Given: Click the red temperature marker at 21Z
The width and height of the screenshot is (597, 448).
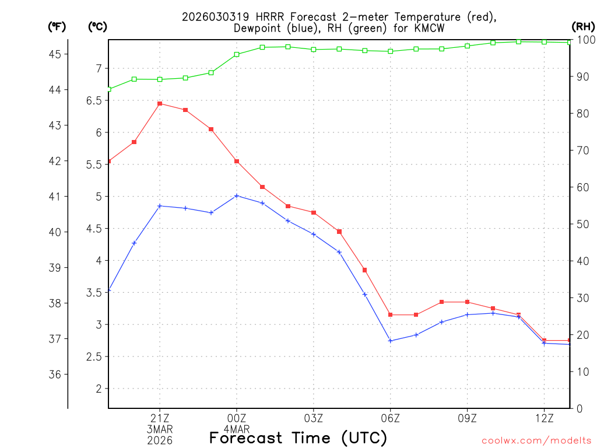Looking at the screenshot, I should click(160, 103).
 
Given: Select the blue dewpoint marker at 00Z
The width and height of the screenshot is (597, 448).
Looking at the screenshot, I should click(237, 195).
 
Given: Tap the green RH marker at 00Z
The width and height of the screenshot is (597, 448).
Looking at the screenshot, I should click(237, 54).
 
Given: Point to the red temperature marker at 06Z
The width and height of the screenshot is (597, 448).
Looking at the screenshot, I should click(391, 315).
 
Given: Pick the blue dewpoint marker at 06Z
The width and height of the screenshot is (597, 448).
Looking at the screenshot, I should click(391, 341).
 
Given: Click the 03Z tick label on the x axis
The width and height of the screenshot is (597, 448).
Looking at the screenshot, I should click(314, 418).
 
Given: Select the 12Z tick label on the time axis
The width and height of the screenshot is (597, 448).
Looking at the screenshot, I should click(544, 418).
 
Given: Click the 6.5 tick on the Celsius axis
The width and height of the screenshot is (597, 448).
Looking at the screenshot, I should click(94, 100).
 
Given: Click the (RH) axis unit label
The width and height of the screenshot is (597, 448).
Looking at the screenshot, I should click(583, 26).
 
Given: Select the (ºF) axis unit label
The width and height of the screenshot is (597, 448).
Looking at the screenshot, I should click(57, 26).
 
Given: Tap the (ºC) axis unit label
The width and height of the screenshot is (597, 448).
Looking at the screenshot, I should click(97, 26).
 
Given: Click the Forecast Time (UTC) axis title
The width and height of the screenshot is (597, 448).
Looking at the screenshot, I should click(298, 437).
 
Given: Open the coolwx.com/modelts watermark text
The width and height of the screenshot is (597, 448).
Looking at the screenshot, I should click(536, 441).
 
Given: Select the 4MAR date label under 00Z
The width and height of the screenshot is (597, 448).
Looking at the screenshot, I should click(237, 429).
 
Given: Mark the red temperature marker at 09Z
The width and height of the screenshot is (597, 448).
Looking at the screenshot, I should click(467, 302).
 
